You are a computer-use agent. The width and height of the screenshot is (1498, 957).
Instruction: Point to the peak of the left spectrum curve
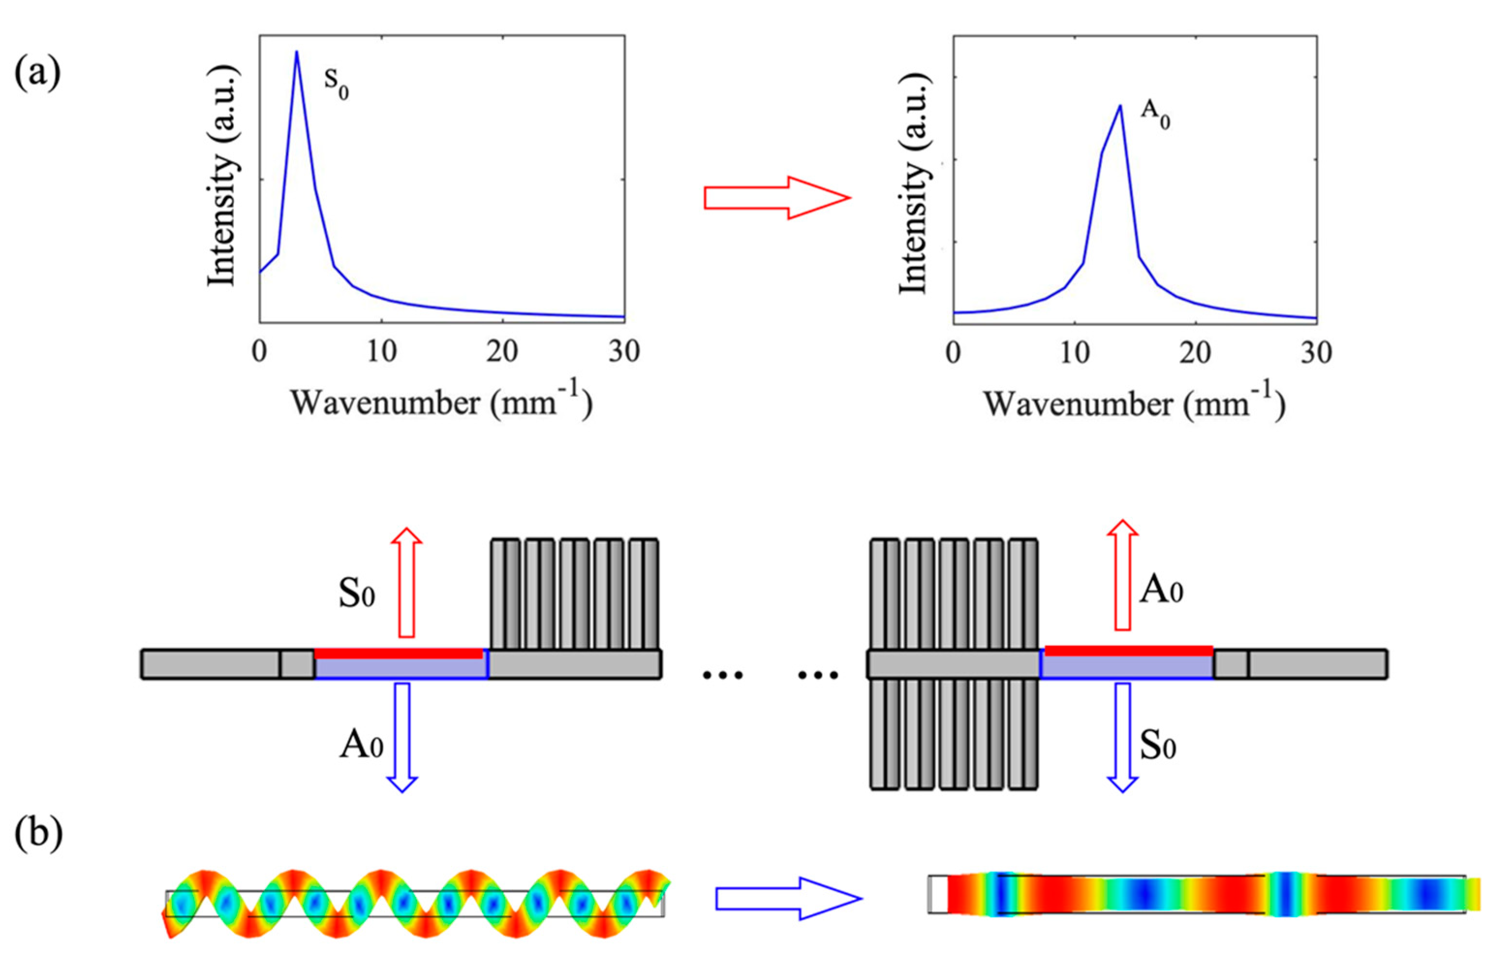(297, 52)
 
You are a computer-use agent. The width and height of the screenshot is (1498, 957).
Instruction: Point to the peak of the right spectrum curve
(1120, 106)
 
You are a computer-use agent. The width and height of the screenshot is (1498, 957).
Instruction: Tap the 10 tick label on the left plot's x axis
(381, 353)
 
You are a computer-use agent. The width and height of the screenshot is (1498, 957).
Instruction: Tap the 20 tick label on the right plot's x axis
(1195, 353)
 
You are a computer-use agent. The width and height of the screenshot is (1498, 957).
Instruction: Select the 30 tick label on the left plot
(624, 353)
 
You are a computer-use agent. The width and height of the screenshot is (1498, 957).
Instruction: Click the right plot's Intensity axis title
(913, 184)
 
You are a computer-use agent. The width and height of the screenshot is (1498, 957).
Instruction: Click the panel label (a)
(37, 74)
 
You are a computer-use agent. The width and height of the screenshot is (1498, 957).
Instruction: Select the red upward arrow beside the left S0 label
(406, 582)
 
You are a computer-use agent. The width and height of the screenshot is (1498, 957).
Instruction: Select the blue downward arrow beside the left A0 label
(402, 737)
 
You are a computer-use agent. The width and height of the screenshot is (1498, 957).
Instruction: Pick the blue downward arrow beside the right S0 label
(1122, 737)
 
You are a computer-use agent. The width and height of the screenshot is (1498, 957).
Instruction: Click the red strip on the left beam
(398, 653)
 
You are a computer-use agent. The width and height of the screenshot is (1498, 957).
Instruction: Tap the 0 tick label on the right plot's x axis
(953, 353)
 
